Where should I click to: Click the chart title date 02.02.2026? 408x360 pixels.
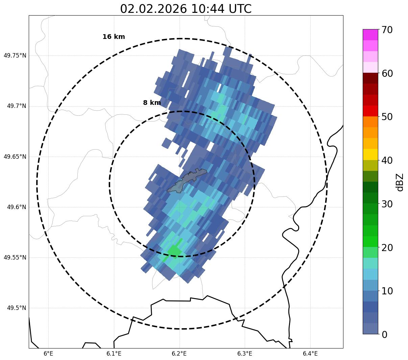pos(153,9)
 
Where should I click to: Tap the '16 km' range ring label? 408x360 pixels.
pos(114,37)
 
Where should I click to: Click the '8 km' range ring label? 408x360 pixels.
pos(152,103)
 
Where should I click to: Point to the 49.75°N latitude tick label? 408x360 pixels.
pos(15,55)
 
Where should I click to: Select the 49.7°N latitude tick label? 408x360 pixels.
pos(16,106)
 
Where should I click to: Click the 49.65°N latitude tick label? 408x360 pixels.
pos(15,157)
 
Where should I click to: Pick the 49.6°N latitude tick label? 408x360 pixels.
pos(16,207)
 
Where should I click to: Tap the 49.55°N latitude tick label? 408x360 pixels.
pos(15,257)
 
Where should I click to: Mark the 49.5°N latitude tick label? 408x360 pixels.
pos(16,308)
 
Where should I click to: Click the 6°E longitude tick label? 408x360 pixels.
pos(49,354)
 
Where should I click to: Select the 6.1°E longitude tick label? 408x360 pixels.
pos(114,354)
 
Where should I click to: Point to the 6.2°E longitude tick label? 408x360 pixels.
pos(179,354)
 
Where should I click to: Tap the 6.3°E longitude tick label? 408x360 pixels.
pos(245,354)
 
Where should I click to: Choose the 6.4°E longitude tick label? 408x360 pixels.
pos(310,354)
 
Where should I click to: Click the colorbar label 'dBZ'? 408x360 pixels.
pos(400,182)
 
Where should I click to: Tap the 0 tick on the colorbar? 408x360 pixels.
pos(384,335)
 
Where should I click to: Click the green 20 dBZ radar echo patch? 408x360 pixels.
pos(174,251)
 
